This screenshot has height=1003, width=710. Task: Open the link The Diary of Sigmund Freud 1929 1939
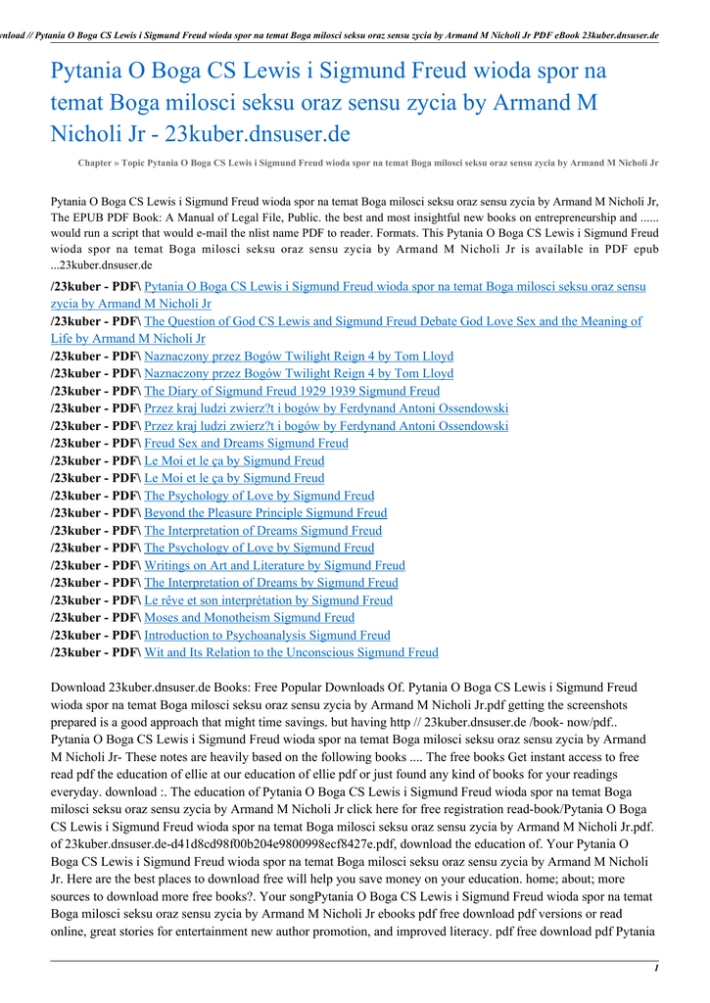[x=292, y=391]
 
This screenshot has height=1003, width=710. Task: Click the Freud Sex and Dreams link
[x=246, y=443]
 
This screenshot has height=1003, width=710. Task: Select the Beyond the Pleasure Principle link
[x=265, y=512]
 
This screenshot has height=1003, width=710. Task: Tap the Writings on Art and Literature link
[x=274, y=565]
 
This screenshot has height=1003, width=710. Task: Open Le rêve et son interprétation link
[x=268, y=599]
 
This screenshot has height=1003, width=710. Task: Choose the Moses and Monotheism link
[x=249, y=617]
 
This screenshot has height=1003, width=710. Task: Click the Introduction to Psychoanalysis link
[x=266, y=635]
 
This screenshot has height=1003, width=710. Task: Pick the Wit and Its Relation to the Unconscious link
[x=291, y=652]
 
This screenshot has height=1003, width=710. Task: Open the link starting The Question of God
[x=392, y=321]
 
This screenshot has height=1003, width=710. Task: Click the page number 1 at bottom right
[x=654, y=968]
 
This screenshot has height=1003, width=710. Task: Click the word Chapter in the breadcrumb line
[x=95, y=163]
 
